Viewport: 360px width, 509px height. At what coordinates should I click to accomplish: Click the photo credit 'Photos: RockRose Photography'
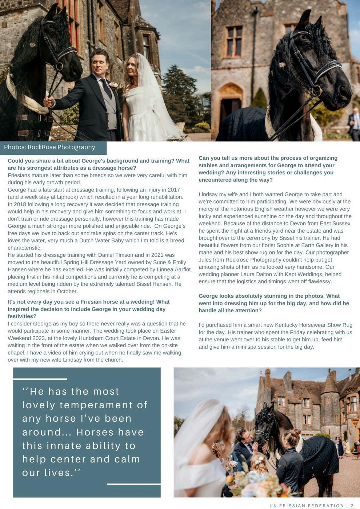49,147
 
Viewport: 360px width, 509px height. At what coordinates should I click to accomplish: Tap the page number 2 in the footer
352,506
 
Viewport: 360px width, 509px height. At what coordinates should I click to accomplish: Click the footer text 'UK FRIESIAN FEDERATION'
307,506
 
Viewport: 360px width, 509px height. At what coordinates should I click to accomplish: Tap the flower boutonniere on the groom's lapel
113,85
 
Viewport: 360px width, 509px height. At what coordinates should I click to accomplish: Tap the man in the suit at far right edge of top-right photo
354,124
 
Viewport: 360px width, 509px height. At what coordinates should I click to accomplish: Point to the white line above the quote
40,379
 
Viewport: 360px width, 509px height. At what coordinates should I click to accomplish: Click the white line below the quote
133,484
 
